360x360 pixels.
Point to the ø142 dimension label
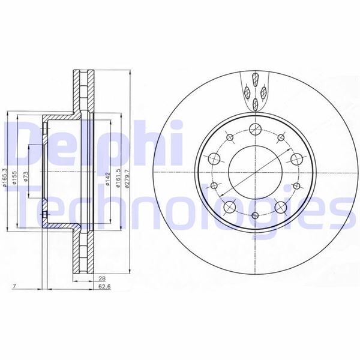(x=107, y=179)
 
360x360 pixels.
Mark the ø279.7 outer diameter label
(x=128, y=178)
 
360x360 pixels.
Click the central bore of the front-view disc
(x=254, y=171)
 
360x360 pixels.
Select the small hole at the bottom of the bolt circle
(x=254, y=215)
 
